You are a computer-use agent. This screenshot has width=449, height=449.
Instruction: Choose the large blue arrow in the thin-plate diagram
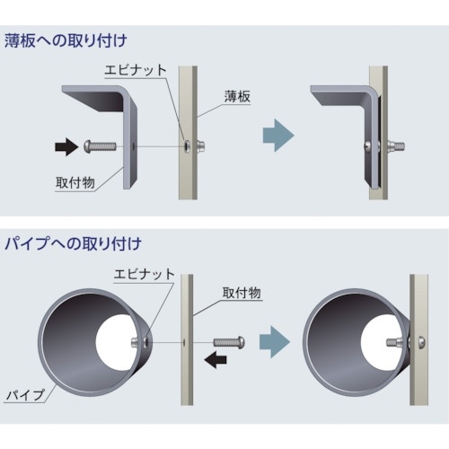[x=277, y=135]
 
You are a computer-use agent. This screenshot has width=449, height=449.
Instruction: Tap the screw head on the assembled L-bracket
[x=368, y=144]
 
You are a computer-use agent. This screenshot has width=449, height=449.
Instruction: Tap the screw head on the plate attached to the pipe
[x=418, y=341]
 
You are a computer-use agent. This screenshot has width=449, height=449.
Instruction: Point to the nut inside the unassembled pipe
[x=140, y=341]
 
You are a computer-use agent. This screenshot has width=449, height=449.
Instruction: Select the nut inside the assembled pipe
[x=392, y=341]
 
